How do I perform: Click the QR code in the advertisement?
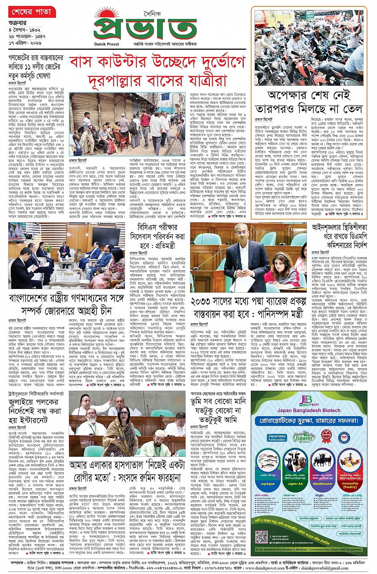[x=261, y=537]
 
